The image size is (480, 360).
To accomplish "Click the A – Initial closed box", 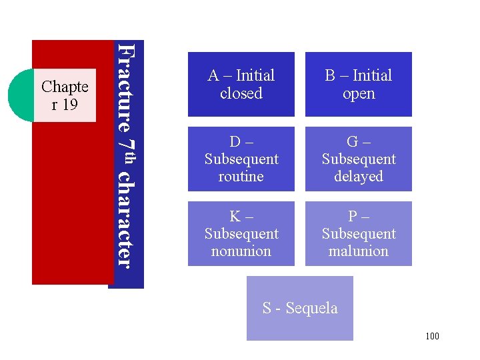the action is click(x=241, y=84).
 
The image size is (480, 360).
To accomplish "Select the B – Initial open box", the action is click(x=359, y=84).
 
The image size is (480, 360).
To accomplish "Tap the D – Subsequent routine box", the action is click(x=241, y=159).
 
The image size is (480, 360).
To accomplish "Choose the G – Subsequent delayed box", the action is click(x=359, y=159).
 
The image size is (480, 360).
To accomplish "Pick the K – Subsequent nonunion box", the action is click(x=241, y=234).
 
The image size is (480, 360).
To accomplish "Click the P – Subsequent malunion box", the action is click(x=359, y=234).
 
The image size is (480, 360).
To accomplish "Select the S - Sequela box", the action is click(x=300, y=308).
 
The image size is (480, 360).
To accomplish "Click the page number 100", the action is click(x=432, y=336).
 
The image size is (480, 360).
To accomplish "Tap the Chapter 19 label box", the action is click(x=65, y=95).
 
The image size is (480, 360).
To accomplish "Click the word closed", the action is click(x=241, y=93).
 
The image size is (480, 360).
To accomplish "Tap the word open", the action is click(x=359, y=93).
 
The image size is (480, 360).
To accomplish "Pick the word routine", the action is click(x=241, y=177).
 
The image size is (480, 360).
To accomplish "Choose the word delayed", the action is click(x=359, y=177).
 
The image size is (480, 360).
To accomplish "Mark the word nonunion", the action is click(x=241, y=251).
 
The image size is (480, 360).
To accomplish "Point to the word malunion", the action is click(x=359, y=251).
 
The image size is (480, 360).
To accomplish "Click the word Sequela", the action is click(x=312, y=308).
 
